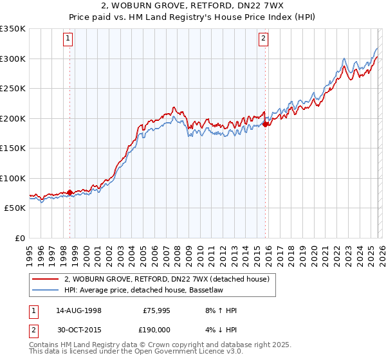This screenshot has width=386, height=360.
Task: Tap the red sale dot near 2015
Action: (266, 124)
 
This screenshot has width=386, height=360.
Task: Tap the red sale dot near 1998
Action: (70, 192)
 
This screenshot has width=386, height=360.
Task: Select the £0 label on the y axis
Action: (19, 238)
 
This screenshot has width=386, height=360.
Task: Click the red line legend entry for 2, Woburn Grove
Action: (170, 279)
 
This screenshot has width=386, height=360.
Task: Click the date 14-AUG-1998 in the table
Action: (78, 310)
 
